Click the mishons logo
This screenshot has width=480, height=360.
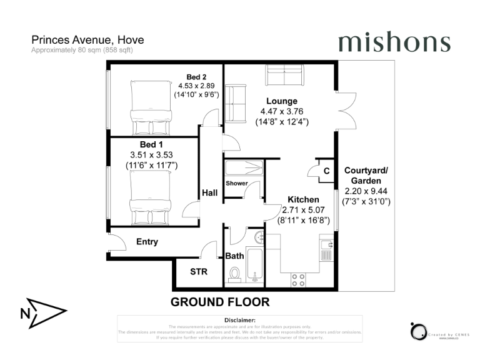[394, 42]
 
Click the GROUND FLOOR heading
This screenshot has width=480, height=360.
[220, 302]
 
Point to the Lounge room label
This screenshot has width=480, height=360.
[281, 101]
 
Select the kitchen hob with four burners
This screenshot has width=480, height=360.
[297, 279]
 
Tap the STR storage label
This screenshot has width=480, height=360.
[198, 272]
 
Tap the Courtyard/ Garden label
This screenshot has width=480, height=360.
[366, 175]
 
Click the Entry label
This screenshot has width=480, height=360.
[146, 242]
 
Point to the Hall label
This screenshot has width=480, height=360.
[209, 193]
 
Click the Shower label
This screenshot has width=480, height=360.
[237, 184]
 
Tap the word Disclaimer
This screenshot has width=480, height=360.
[239, 320]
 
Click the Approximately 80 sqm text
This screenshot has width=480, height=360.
[82, 49]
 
